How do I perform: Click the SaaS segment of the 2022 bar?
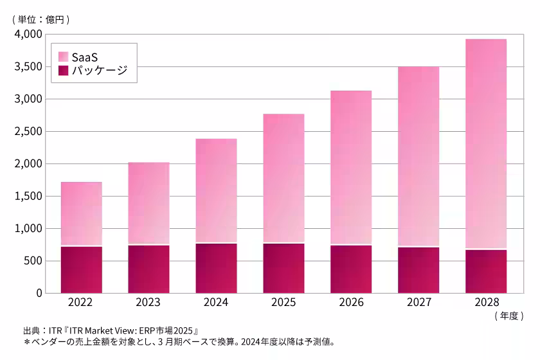(x=81, y=213)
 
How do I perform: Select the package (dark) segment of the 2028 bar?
(x=485, y=271)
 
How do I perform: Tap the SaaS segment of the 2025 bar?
(x=283, y=178)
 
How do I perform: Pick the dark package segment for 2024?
(x=216, y=268)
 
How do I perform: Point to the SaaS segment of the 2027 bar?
(x=418, y=156)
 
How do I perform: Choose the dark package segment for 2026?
(x=351, y=269)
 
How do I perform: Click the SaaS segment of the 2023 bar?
(x=148, y=203)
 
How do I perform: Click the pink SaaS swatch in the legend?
(x=64, y=57)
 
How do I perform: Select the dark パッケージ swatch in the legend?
(x=64, y=71)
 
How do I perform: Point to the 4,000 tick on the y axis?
(x=28, y=34)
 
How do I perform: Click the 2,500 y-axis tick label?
(x=28, y=131)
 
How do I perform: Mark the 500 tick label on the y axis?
(x=33, y=260)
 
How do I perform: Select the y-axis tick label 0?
(x=39, y=293)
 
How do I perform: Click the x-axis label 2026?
(x=351, y=302)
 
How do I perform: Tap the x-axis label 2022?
(x=81, y=302)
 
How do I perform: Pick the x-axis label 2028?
(x=485, y=302)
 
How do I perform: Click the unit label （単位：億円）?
(x=40, y=19)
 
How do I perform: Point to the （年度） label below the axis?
(x=509, y=316)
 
